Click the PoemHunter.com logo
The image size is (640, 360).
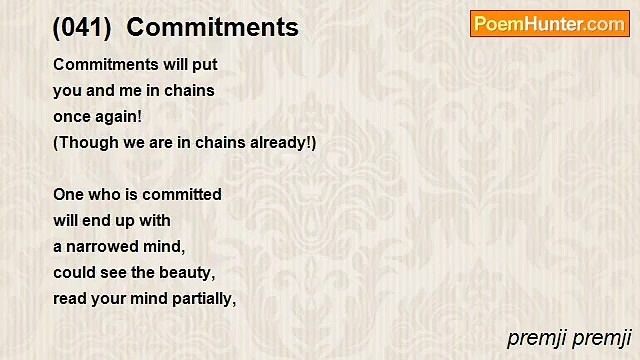549,24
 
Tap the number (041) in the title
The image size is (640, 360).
82,28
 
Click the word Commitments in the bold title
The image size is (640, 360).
212,28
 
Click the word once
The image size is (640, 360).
72,117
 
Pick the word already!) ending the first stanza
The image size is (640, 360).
284,143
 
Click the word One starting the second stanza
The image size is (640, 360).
68,195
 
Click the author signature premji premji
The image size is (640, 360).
569,338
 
